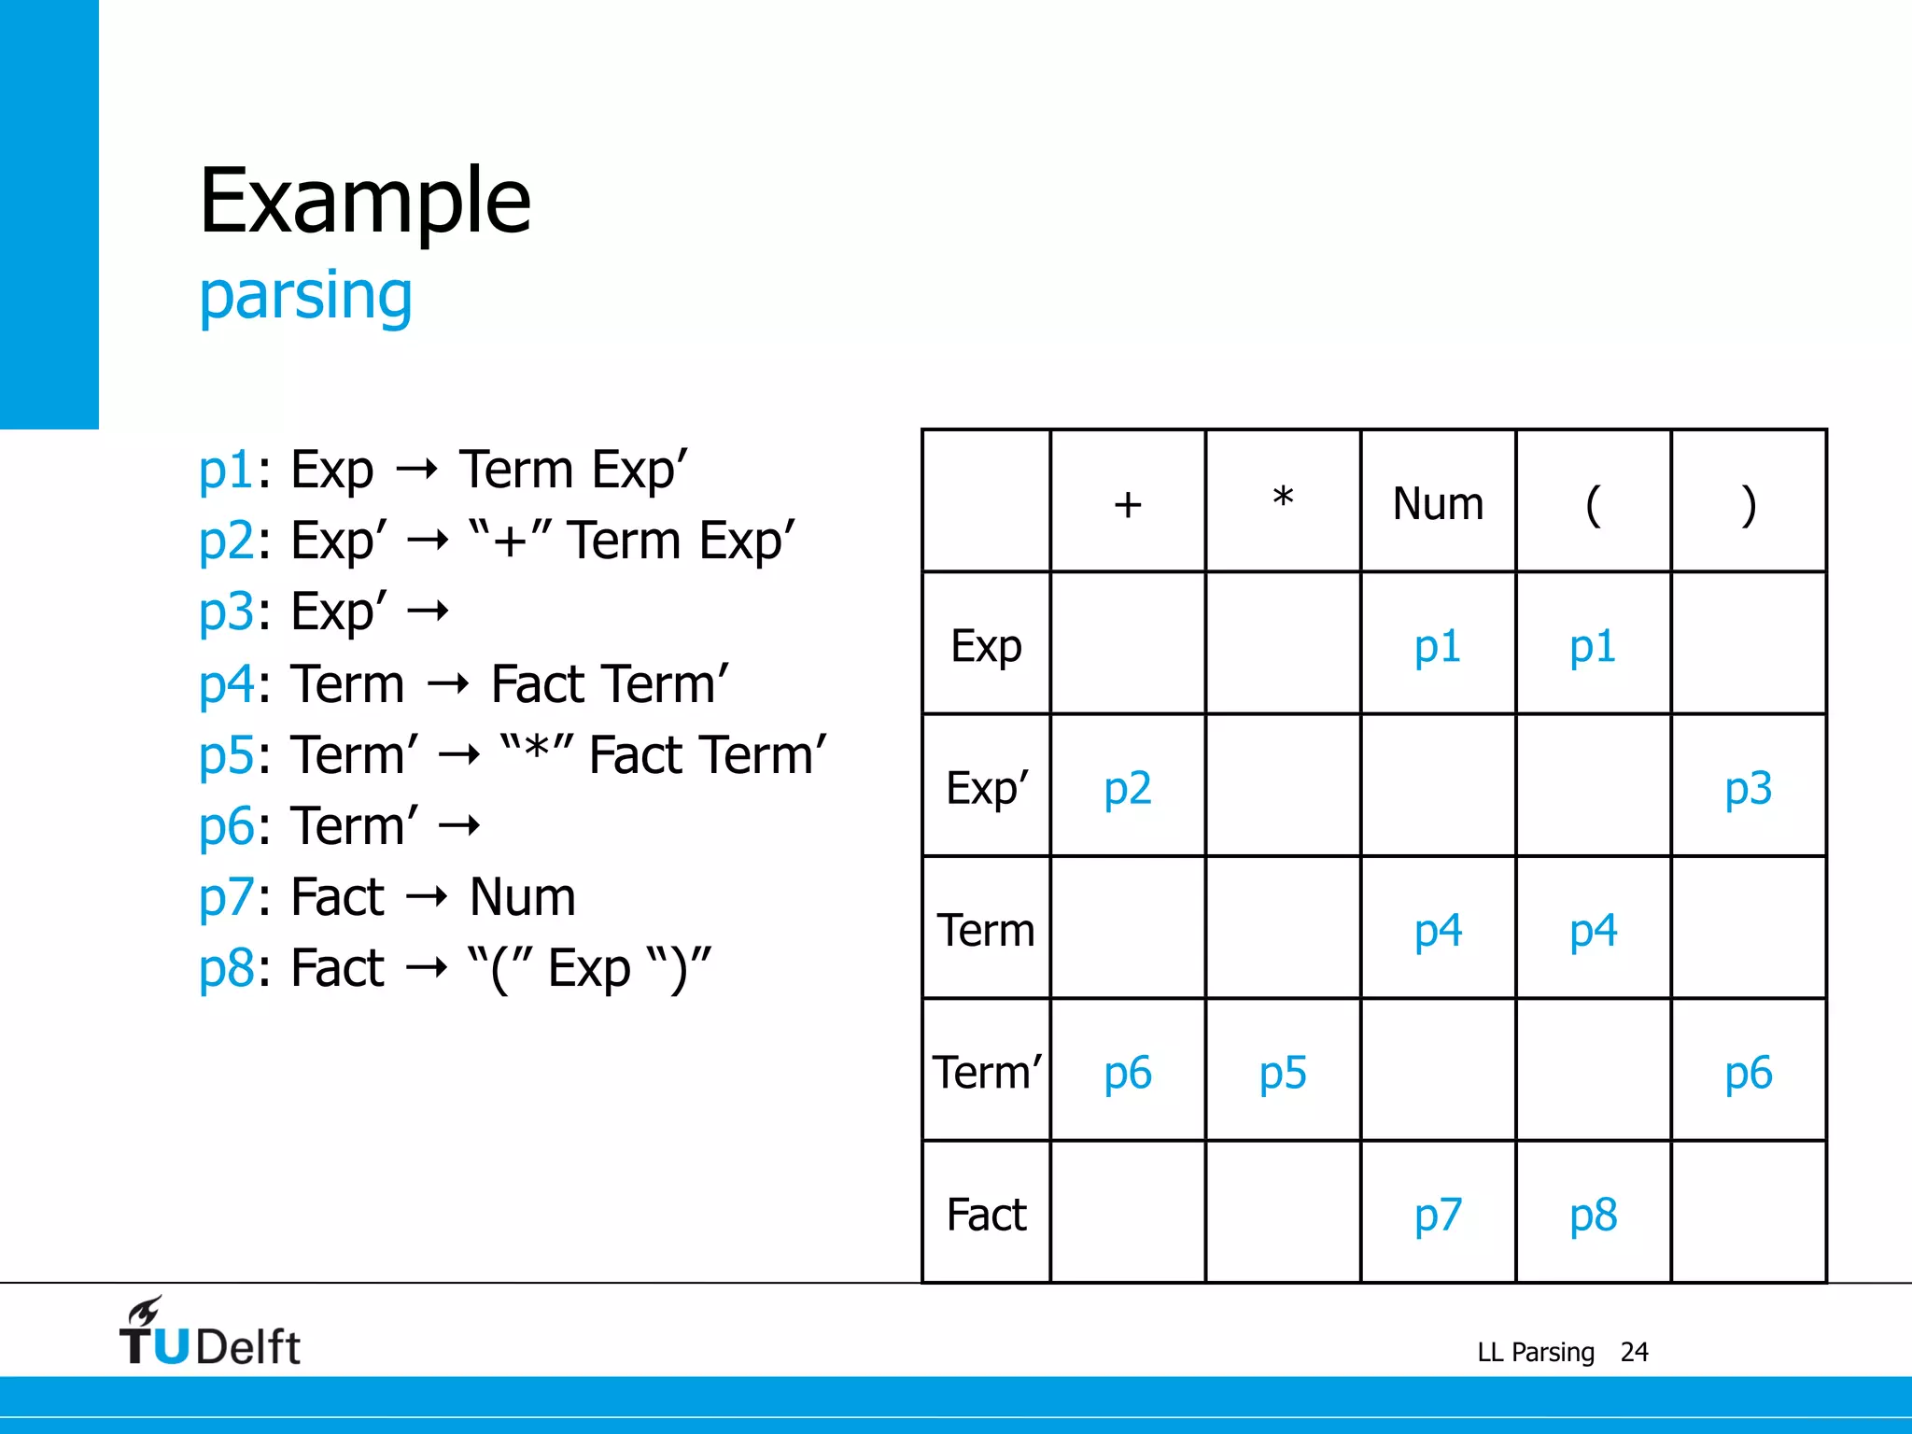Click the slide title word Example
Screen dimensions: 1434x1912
click(x=365, y=201)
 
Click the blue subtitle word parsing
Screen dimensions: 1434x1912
click(x=305, y=295)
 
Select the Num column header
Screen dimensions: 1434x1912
click(x=1438, y=504)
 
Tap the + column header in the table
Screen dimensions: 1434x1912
click(x=1128, y=504)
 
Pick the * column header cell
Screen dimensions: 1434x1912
click(x=1283, y=500)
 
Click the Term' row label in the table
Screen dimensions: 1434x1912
click(x=987, y=1072)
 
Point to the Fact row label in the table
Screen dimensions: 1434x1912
click(x=987, y=1215)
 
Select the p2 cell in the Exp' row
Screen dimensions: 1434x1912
click(x=1128, y=788)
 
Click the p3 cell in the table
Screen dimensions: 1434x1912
click(x=1748, y=788)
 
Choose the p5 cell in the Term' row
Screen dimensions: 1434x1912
click(x=1283, y=1073)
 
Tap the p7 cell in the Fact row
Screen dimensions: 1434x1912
click(x=1438, y=1215)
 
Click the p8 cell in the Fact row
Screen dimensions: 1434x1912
click(x=1593, y=1215)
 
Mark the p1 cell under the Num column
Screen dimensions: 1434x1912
click(x=1438, y=646)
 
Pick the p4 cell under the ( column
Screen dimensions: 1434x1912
click(x=1593, y=931)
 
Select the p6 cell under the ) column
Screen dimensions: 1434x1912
click(x=1748, y=1073)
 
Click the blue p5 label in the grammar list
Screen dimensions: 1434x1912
click(x=226, y=754)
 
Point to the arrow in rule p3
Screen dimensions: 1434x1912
click(x=429, y=612)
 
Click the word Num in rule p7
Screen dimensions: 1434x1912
click(x=522, y=897)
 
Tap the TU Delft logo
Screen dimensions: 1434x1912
click(x=210, y=1333)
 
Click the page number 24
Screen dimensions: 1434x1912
click(x=1634, y=1352)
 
